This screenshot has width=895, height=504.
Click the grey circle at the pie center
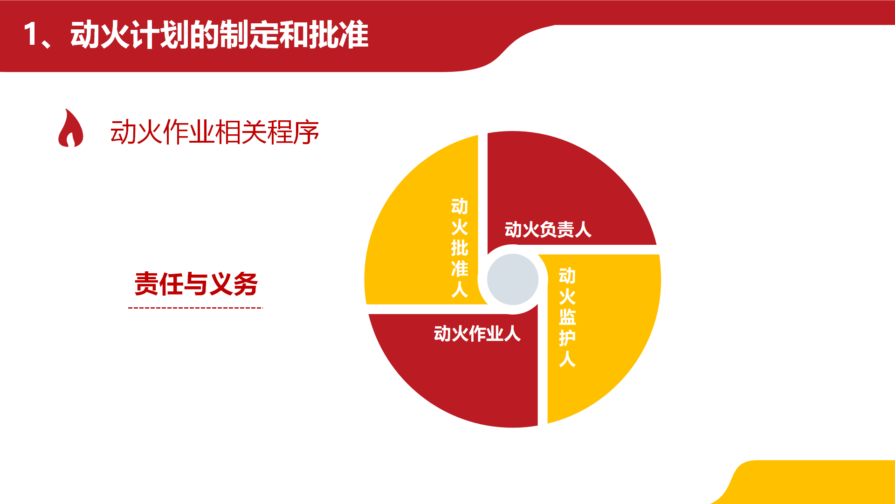[513, 279]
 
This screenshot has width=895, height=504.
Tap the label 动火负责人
[548, 229]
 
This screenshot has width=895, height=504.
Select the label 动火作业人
[477, 333]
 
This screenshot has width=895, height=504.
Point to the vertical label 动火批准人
[460, 248]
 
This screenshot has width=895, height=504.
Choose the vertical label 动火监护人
[567, 318]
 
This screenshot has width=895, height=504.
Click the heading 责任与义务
[196, 283]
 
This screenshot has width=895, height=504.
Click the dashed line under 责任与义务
[196, 308]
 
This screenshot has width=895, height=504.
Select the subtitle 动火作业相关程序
[214, 132]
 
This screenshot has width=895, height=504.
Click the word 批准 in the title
[338, 35]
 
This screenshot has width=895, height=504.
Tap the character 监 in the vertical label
[567, 318]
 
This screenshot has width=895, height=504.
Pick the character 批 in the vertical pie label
[460, 248]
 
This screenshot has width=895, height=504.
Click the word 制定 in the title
[249, 35]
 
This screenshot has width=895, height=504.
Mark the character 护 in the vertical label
[567, 338]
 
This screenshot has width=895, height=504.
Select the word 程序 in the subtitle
[293, 132]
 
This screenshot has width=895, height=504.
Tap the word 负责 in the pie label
[548, 229]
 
